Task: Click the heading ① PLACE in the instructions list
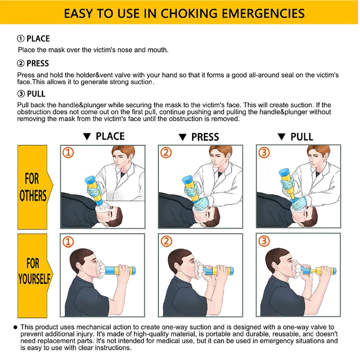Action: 33,39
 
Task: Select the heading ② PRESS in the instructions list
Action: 33,63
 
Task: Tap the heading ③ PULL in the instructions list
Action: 31,94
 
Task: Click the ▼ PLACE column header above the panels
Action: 104,136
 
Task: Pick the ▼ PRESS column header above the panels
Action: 199,137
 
